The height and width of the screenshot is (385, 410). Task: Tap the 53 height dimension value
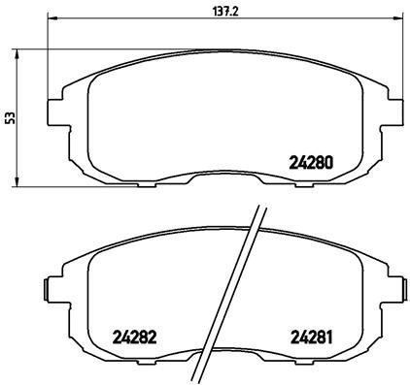(10, 116)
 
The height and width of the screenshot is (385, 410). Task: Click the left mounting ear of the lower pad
(54, 289)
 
